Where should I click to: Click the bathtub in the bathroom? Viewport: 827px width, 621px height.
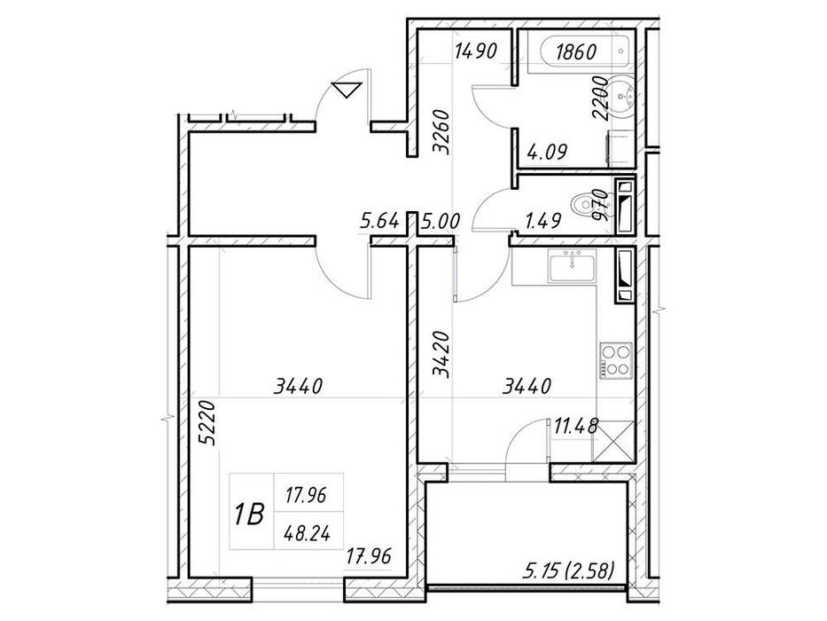[x=579, y=51]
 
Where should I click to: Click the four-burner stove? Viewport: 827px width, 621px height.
[x=615, y=359]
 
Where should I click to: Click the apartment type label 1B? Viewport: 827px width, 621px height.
[x=250, y=514]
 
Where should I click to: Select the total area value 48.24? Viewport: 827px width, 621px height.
[x=308, y=533]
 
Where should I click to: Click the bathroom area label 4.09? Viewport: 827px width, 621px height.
[x=548, y=152]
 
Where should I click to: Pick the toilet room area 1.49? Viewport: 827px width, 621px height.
[x=542, y=221]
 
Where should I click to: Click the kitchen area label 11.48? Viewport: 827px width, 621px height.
[x=576, y=425]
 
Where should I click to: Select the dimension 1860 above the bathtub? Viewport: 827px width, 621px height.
[x=576, y=51]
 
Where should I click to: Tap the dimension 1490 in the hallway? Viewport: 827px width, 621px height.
[x=476, y=51]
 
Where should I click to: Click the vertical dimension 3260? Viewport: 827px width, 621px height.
[x=441, y=131]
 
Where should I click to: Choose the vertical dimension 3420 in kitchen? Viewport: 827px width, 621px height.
[x=441, y=354]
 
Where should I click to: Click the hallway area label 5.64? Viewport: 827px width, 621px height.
[x=379, y=221]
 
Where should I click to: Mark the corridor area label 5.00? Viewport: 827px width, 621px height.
[x=441, y=221]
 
